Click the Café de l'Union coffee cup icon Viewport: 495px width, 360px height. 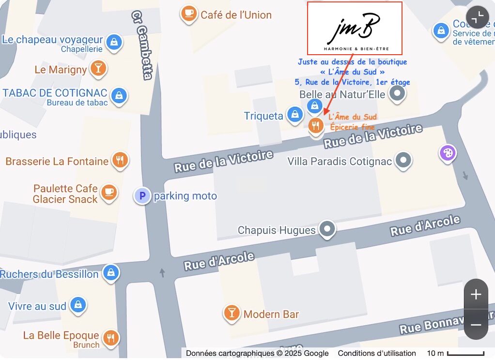pos(188,14)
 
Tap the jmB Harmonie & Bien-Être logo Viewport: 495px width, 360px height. pos(355,28)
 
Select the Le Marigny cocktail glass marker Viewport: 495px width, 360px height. pos(98,68)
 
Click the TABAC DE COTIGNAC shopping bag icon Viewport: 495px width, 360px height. pos(119,95)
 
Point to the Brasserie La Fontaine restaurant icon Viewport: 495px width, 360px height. pos(120,160)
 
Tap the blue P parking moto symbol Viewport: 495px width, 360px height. pos(142,196)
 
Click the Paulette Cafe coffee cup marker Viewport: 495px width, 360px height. pos(109,192)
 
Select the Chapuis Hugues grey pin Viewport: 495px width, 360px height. pos(327,229)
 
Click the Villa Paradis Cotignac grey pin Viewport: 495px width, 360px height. pos(403,160)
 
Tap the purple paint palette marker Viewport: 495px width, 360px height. pos(448,153)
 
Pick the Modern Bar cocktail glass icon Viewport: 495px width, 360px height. pos(232,313)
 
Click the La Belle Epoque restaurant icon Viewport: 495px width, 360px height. pos(111,337)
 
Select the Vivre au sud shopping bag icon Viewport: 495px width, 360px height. pos(77,305)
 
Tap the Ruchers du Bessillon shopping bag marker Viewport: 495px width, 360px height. pos(111,273)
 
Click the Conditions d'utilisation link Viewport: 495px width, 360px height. pos(377,353)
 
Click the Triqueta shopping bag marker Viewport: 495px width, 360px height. pos(294,115)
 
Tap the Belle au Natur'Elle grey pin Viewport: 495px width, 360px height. pos(397,93)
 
